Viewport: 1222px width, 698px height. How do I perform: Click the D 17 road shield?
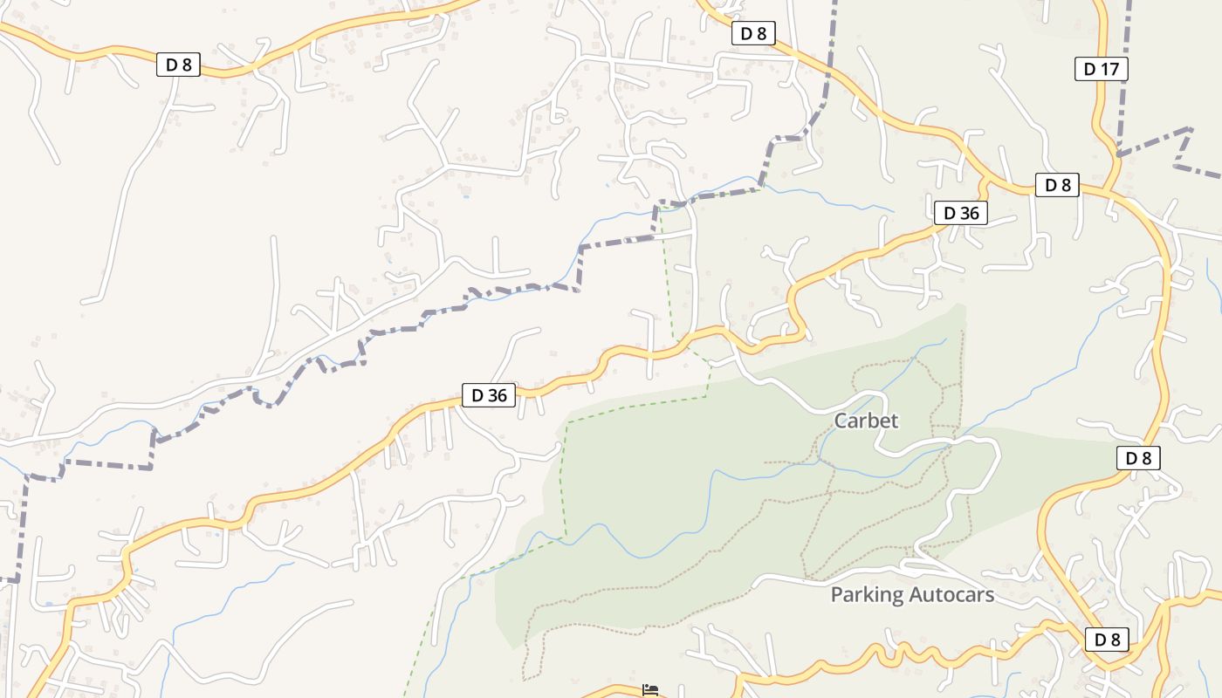1101,69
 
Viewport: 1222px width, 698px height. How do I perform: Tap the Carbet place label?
866,421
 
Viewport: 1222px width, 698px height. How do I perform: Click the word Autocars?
952,595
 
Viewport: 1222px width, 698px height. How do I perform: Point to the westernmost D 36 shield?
489,395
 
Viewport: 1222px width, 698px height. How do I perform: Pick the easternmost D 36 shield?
960,213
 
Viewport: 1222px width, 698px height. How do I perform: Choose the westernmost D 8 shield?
179,64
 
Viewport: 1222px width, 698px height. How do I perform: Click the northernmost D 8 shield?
752,33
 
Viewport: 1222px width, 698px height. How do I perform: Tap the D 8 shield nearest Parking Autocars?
1107,640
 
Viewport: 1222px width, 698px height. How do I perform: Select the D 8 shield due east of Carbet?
1138,458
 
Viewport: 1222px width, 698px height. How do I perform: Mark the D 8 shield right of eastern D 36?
1057,185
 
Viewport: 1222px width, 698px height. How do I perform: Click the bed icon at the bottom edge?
650,690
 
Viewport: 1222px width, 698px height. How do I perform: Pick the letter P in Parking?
837,595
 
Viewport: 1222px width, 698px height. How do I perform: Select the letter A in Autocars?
916,595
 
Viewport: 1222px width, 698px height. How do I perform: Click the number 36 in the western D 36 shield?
496,395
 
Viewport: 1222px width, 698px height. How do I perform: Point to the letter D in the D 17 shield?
1089,69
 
